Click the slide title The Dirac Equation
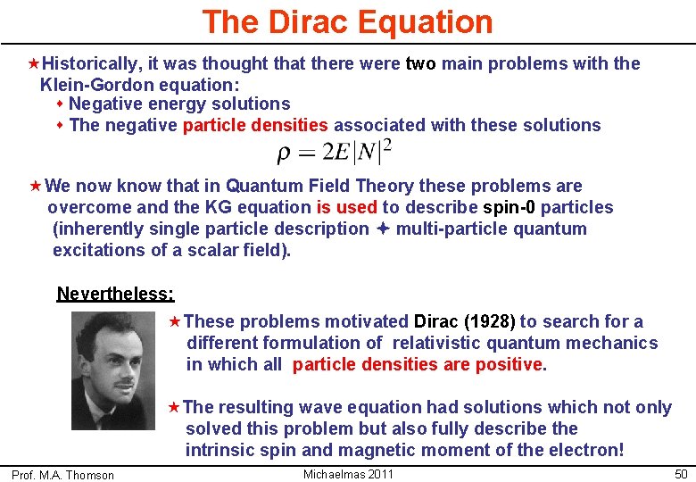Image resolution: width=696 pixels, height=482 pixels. pos(347,21)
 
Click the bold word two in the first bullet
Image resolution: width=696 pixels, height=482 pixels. pos(420,63)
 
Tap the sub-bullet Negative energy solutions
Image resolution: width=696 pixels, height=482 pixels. pos(178,104)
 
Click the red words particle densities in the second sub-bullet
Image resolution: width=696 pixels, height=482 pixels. pos(255,125)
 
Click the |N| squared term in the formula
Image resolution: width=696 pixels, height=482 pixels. pos(372,152)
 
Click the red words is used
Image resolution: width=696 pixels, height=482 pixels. pos(346,207)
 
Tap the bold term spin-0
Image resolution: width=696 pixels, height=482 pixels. pos(509,207)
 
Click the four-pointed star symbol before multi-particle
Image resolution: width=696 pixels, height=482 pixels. pos(382,229)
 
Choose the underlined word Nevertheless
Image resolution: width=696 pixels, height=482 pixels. pos(115,294)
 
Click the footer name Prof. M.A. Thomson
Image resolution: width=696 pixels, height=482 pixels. pos(62,475)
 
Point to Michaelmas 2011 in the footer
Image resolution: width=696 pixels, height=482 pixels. pos(348,474)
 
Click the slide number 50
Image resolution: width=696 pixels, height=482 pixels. pos(681,474)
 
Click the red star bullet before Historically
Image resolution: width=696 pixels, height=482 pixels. pos(34,63)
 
